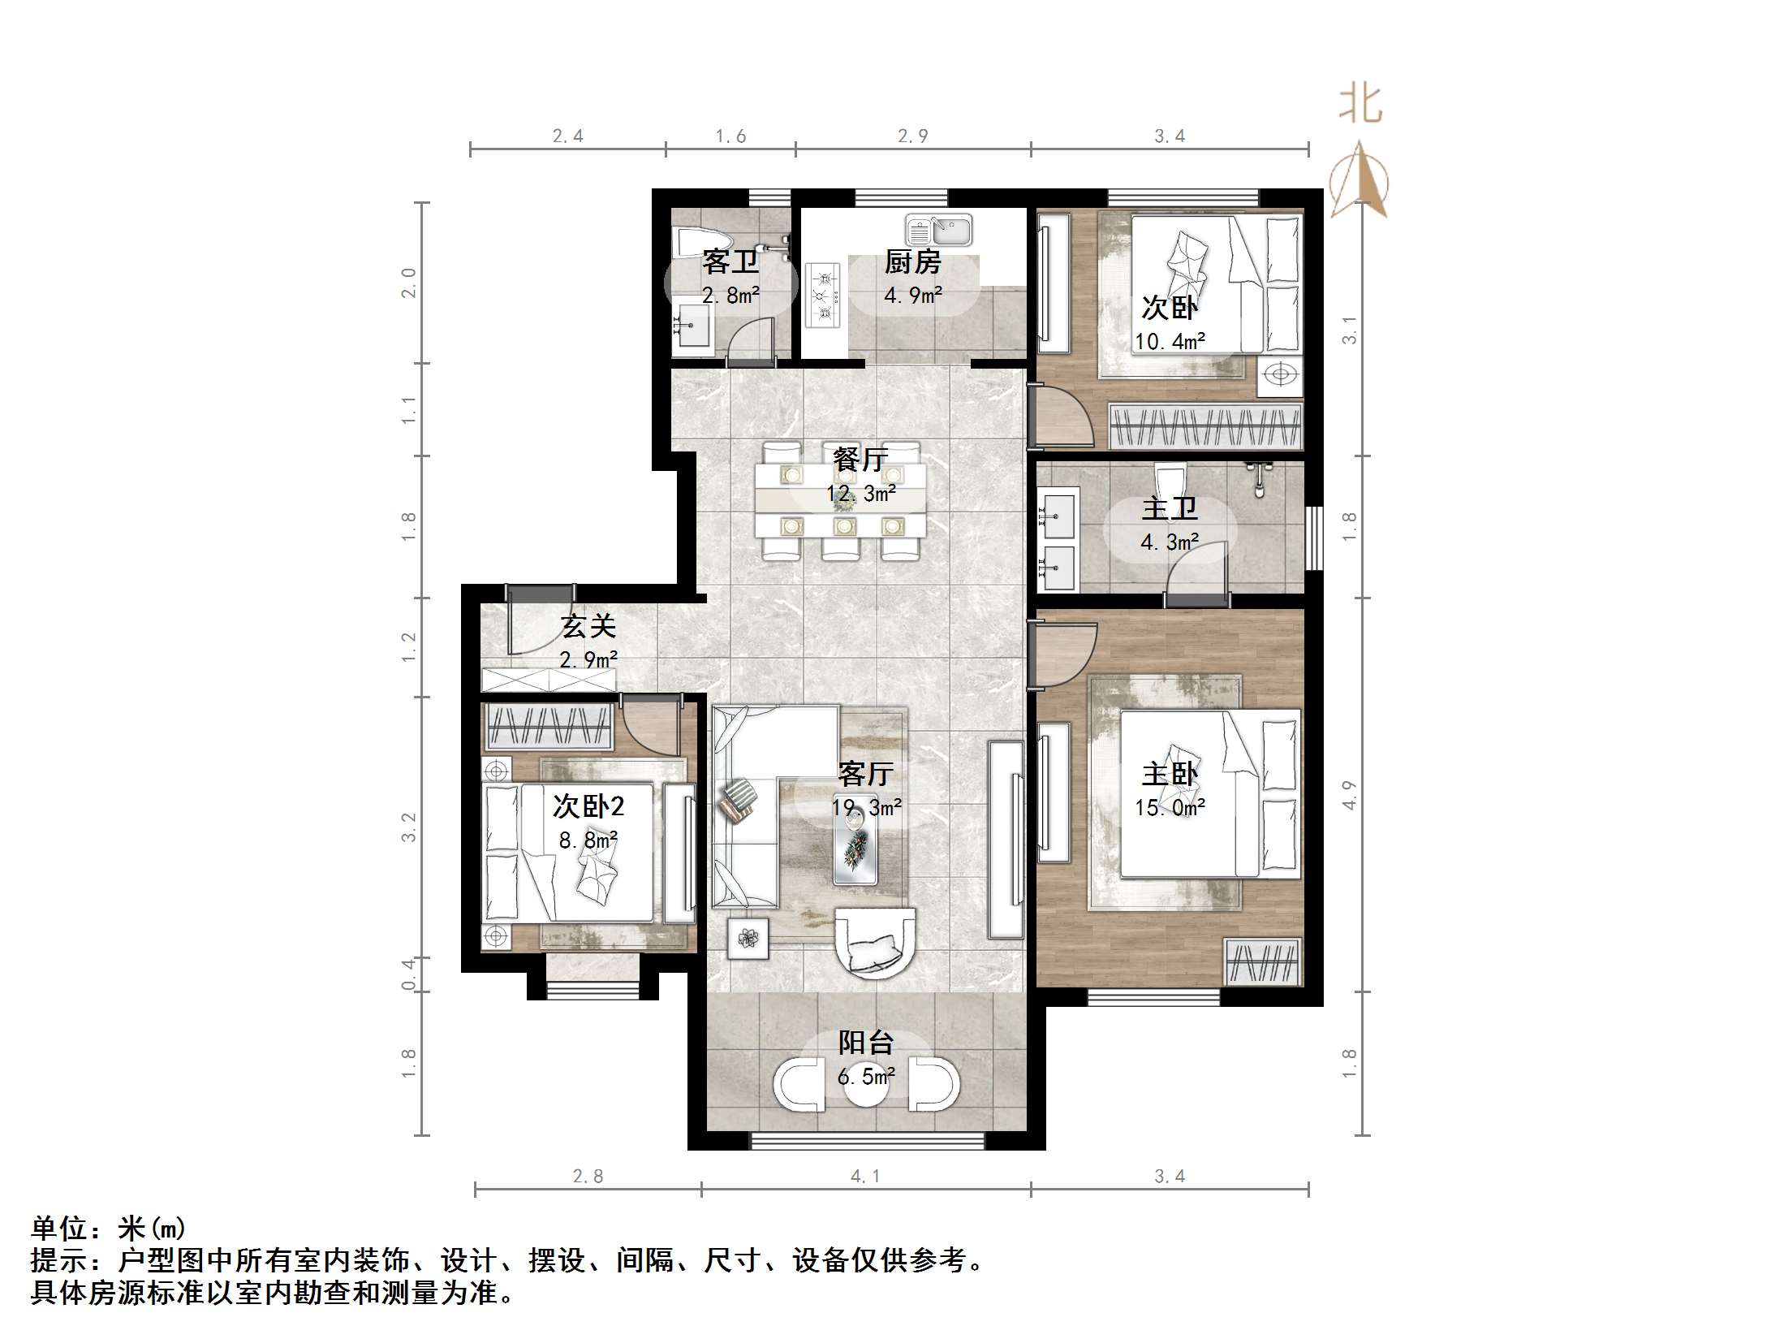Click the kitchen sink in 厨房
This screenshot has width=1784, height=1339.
pyautogui.click(x=939, y=231)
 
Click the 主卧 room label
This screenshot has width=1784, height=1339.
pyautogui.click(x=1170, y=774)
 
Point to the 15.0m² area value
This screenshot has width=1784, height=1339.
pyautogui.click(x=1170, y=807)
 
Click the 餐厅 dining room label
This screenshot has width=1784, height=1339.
pyautogui.click(x=860, y=460)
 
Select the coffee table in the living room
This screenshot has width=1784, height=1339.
pyautogui.click(x=855, y=844)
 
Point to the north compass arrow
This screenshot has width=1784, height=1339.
pyautogui.click(x=1360, y=180)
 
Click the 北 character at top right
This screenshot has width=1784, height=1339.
pyautogui.click(x=1360, y=106)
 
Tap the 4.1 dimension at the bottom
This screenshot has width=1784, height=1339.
pyautogui.click(x=865, y=1177)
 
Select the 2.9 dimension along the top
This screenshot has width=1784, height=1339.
pyautogui.click(x=912, y=136)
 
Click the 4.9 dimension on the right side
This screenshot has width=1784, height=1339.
pyautogui.click(x=1349, y=795)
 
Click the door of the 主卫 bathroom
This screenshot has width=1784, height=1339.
pyautogui.click(x=1196, y=572)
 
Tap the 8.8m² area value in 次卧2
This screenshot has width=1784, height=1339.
pyautogui.click(x=588, y=840)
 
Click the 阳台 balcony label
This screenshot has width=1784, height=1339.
pyautogui.click(x=866, y=1043)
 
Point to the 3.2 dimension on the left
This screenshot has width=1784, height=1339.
pyautogui.click(x=408, y=827)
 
